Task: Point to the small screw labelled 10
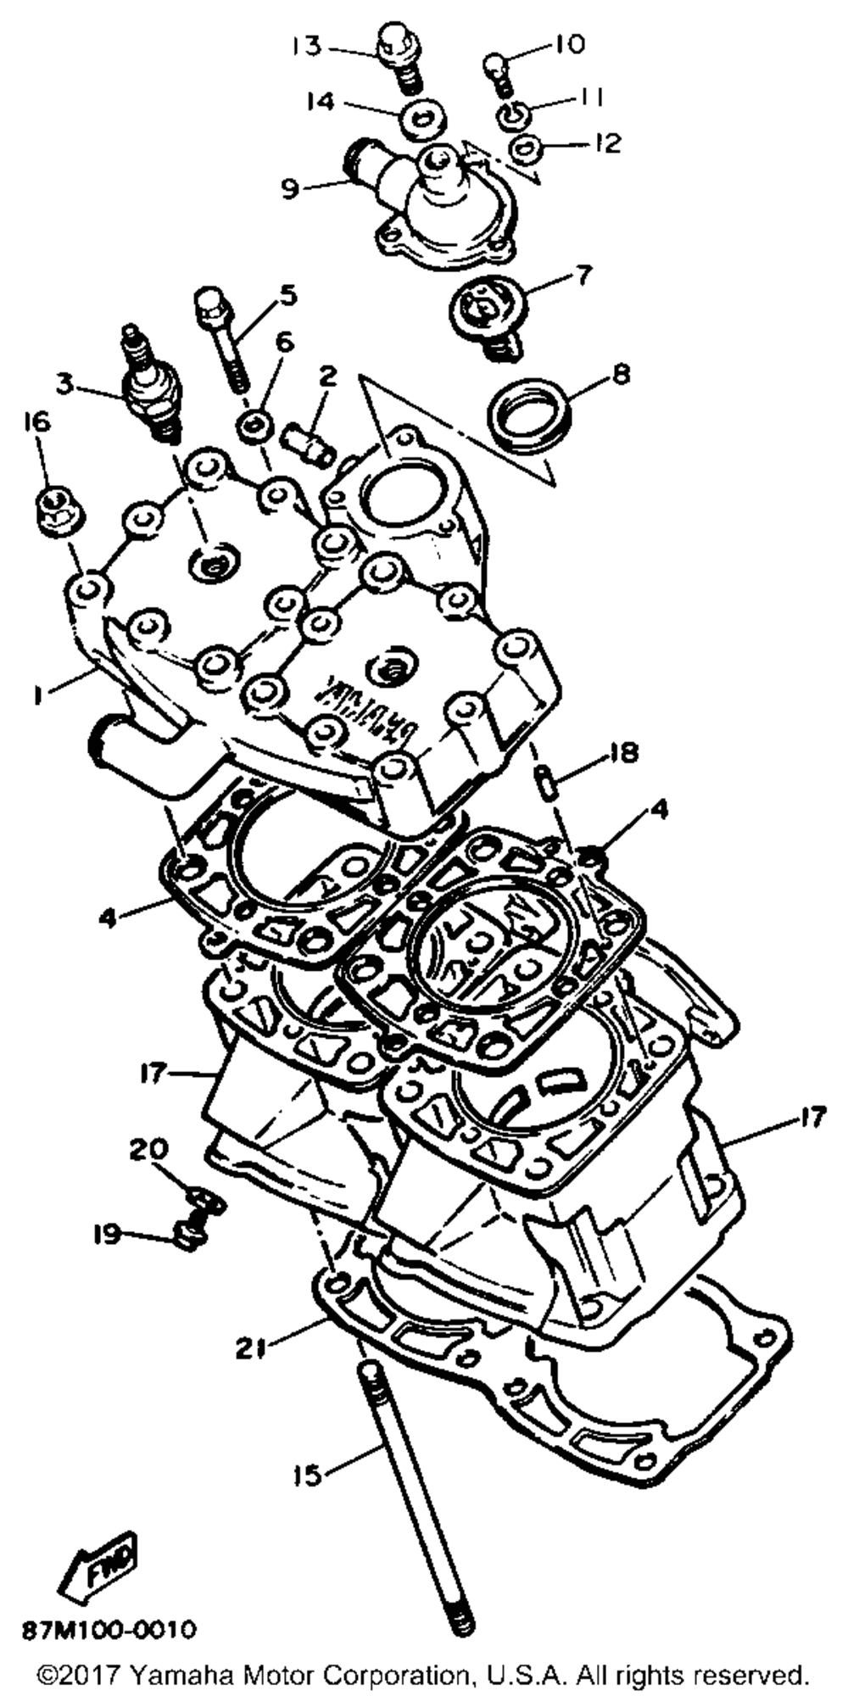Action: click(496, 66)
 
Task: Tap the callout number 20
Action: click(148, 1151)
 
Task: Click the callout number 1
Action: click(36, 695)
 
